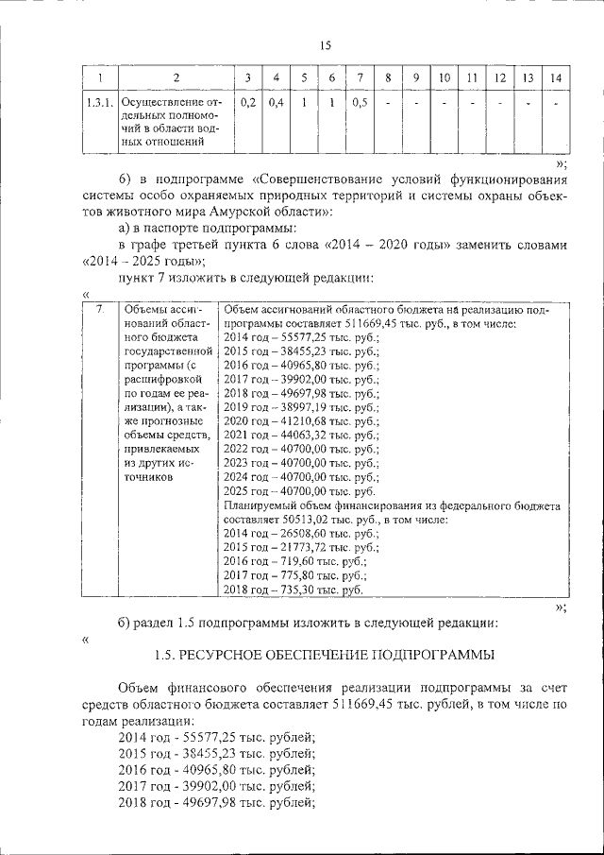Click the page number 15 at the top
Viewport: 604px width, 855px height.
coord(326,44)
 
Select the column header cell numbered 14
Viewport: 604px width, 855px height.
coord(556,77)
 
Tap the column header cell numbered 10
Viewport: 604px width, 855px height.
coord(444,77)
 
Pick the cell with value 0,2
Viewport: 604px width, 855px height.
coord(248,103)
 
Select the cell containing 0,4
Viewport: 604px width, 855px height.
coord(277,103)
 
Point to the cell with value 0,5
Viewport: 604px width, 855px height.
coord(360,103)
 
